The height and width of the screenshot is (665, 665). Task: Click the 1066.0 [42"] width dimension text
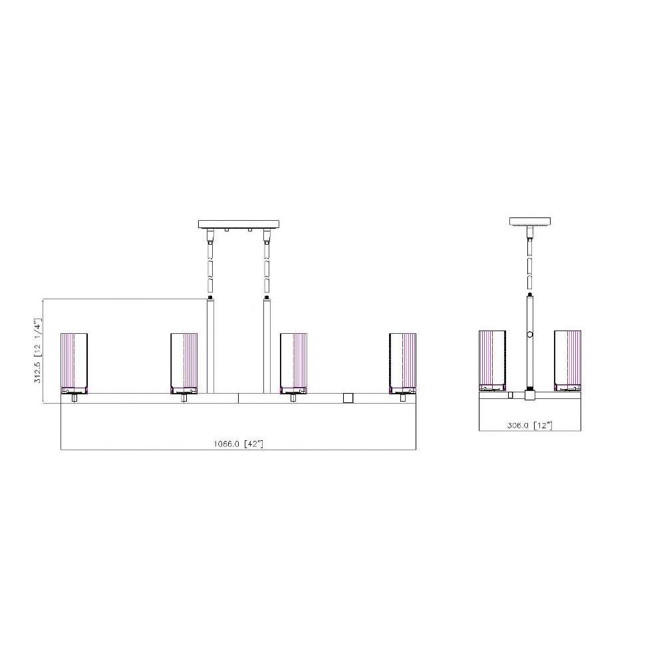point(238,444)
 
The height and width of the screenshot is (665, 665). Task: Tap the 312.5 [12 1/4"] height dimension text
point(38,350)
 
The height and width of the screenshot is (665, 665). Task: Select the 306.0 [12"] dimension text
point(530,425)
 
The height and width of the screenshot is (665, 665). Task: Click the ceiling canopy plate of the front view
point(239,224)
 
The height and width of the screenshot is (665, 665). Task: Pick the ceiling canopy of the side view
point(530,221)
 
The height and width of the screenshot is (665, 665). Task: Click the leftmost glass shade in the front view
point(74,363)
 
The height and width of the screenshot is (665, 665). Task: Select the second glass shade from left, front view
point(184,363)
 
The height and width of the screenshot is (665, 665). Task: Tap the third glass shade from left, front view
point(293,363)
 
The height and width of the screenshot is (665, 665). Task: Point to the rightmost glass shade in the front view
point(402,363)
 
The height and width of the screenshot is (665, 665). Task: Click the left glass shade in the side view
point(492,360)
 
